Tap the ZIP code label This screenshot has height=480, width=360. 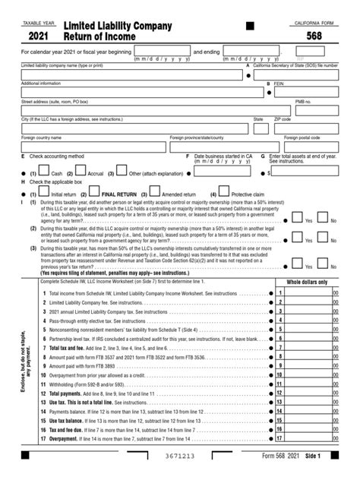coord(283,119)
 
